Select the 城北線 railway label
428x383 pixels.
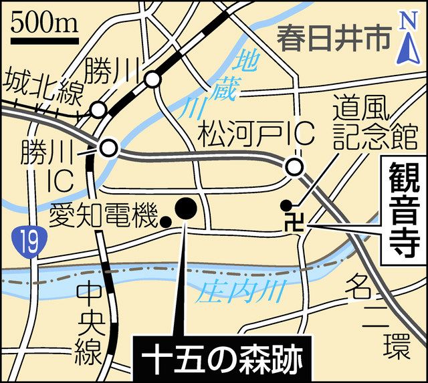click(x=41, y=87)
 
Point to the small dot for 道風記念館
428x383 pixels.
click(x=286, y=205)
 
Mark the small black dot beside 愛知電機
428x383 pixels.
click(x=165, y=220)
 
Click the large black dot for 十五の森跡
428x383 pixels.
click(x=185, y=209)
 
